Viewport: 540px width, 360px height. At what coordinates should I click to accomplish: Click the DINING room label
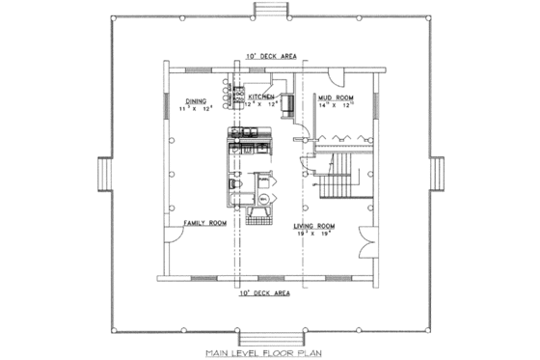196,99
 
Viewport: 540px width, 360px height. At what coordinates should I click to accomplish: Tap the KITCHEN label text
261,97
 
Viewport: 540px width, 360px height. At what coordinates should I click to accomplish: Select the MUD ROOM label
336,98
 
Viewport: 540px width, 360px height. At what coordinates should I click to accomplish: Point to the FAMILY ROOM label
203,224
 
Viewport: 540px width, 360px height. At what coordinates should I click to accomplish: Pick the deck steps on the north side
269,10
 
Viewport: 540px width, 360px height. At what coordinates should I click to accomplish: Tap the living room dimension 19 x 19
312,233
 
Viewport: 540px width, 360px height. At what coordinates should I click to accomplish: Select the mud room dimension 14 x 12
336,106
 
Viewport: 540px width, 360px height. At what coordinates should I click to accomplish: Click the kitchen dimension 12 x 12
261,104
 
